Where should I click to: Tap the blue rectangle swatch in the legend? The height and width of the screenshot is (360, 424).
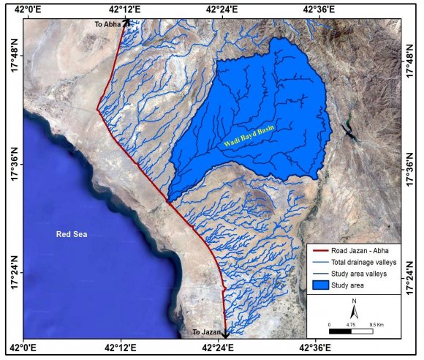click(319, 285)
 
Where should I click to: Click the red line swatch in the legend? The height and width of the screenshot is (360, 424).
click(319, 251)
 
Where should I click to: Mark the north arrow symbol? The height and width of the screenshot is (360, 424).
click(354, 312)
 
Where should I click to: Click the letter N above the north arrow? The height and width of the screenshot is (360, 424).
click(354, 301)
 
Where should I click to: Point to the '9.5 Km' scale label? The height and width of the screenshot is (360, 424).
click(378, 323)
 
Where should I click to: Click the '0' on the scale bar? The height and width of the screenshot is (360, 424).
click(329, 323)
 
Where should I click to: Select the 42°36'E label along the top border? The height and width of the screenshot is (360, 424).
click(320, 10)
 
